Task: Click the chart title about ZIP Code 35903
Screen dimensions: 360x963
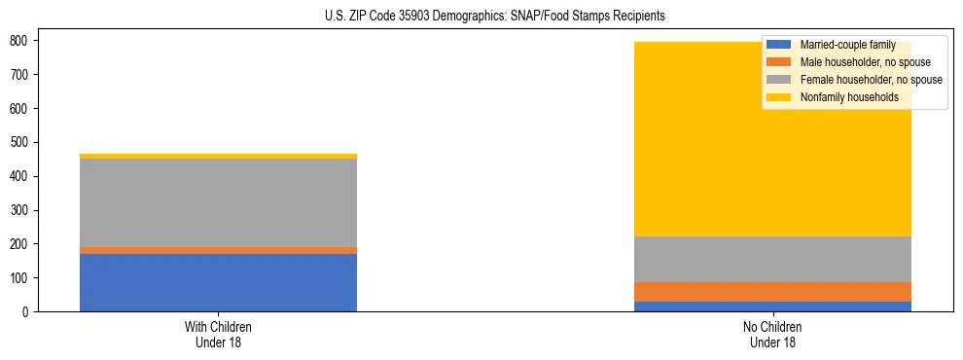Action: (x=495, y=17)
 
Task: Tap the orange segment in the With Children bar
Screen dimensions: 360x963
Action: (x=218, y=250)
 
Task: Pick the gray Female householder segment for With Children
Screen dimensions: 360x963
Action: (x=218, y=202)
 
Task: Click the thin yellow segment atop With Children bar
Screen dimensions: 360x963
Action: (x=218, y=156)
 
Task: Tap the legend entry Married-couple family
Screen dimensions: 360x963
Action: (x=847, y=45)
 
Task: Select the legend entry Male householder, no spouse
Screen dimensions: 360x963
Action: (x=865, y=62)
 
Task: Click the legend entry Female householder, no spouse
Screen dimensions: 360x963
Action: (x=871, y=80)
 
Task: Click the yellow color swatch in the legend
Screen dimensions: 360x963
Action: (x=779, y=97)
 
